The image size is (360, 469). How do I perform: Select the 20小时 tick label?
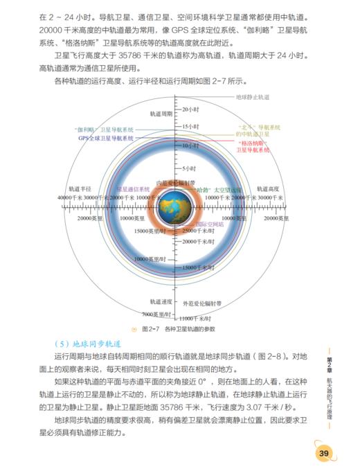(190, 110)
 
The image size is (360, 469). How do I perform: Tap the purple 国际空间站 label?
(207, 224)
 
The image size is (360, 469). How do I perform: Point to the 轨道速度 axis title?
(161, 302)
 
